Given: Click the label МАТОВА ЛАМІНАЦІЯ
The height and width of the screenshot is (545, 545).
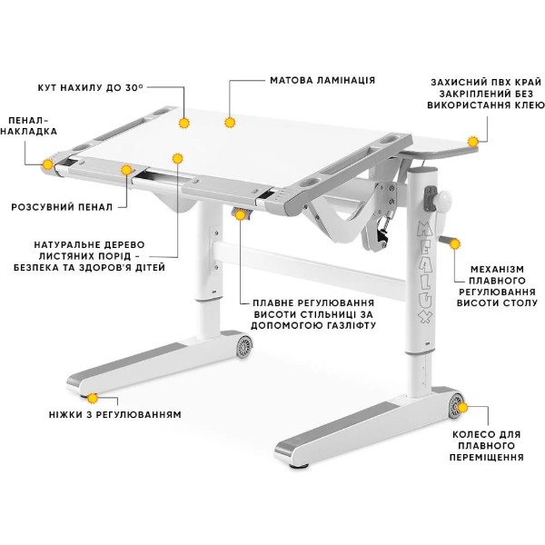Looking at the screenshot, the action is tap(322, 80).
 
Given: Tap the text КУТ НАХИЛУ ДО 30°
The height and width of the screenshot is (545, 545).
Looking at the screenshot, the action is tap(90, 87).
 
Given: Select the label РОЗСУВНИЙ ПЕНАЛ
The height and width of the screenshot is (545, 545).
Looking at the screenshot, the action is tap(62, 207).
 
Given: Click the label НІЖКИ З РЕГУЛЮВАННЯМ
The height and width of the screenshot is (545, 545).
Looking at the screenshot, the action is tap(115, 415).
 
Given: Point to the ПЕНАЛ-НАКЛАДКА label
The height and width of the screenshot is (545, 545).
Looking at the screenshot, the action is tap(28, 126).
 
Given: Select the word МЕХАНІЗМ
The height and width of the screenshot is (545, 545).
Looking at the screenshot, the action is tap(497, 270).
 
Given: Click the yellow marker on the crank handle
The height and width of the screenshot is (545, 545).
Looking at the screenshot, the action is tap(455, 244).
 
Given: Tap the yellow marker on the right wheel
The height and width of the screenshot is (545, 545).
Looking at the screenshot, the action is tap(462, 408).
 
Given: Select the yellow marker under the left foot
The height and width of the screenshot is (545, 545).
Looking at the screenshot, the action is tap(93, 399).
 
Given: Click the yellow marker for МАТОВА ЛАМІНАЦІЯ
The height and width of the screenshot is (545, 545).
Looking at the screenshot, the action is tap(230, 123).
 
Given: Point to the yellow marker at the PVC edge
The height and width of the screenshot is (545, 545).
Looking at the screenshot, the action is tap(472, 142).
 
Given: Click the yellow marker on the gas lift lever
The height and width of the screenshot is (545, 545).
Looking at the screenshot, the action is tap(240, 215).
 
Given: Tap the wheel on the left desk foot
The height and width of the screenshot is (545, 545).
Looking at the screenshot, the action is tap(244, 347).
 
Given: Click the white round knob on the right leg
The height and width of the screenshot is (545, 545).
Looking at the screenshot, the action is tap(442, 201).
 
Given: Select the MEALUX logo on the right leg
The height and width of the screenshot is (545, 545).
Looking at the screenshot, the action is tap(425, 272).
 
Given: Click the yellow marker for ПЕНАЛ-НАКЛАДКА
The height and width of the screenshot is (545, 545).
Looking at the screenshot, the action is tap(47, 164).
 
